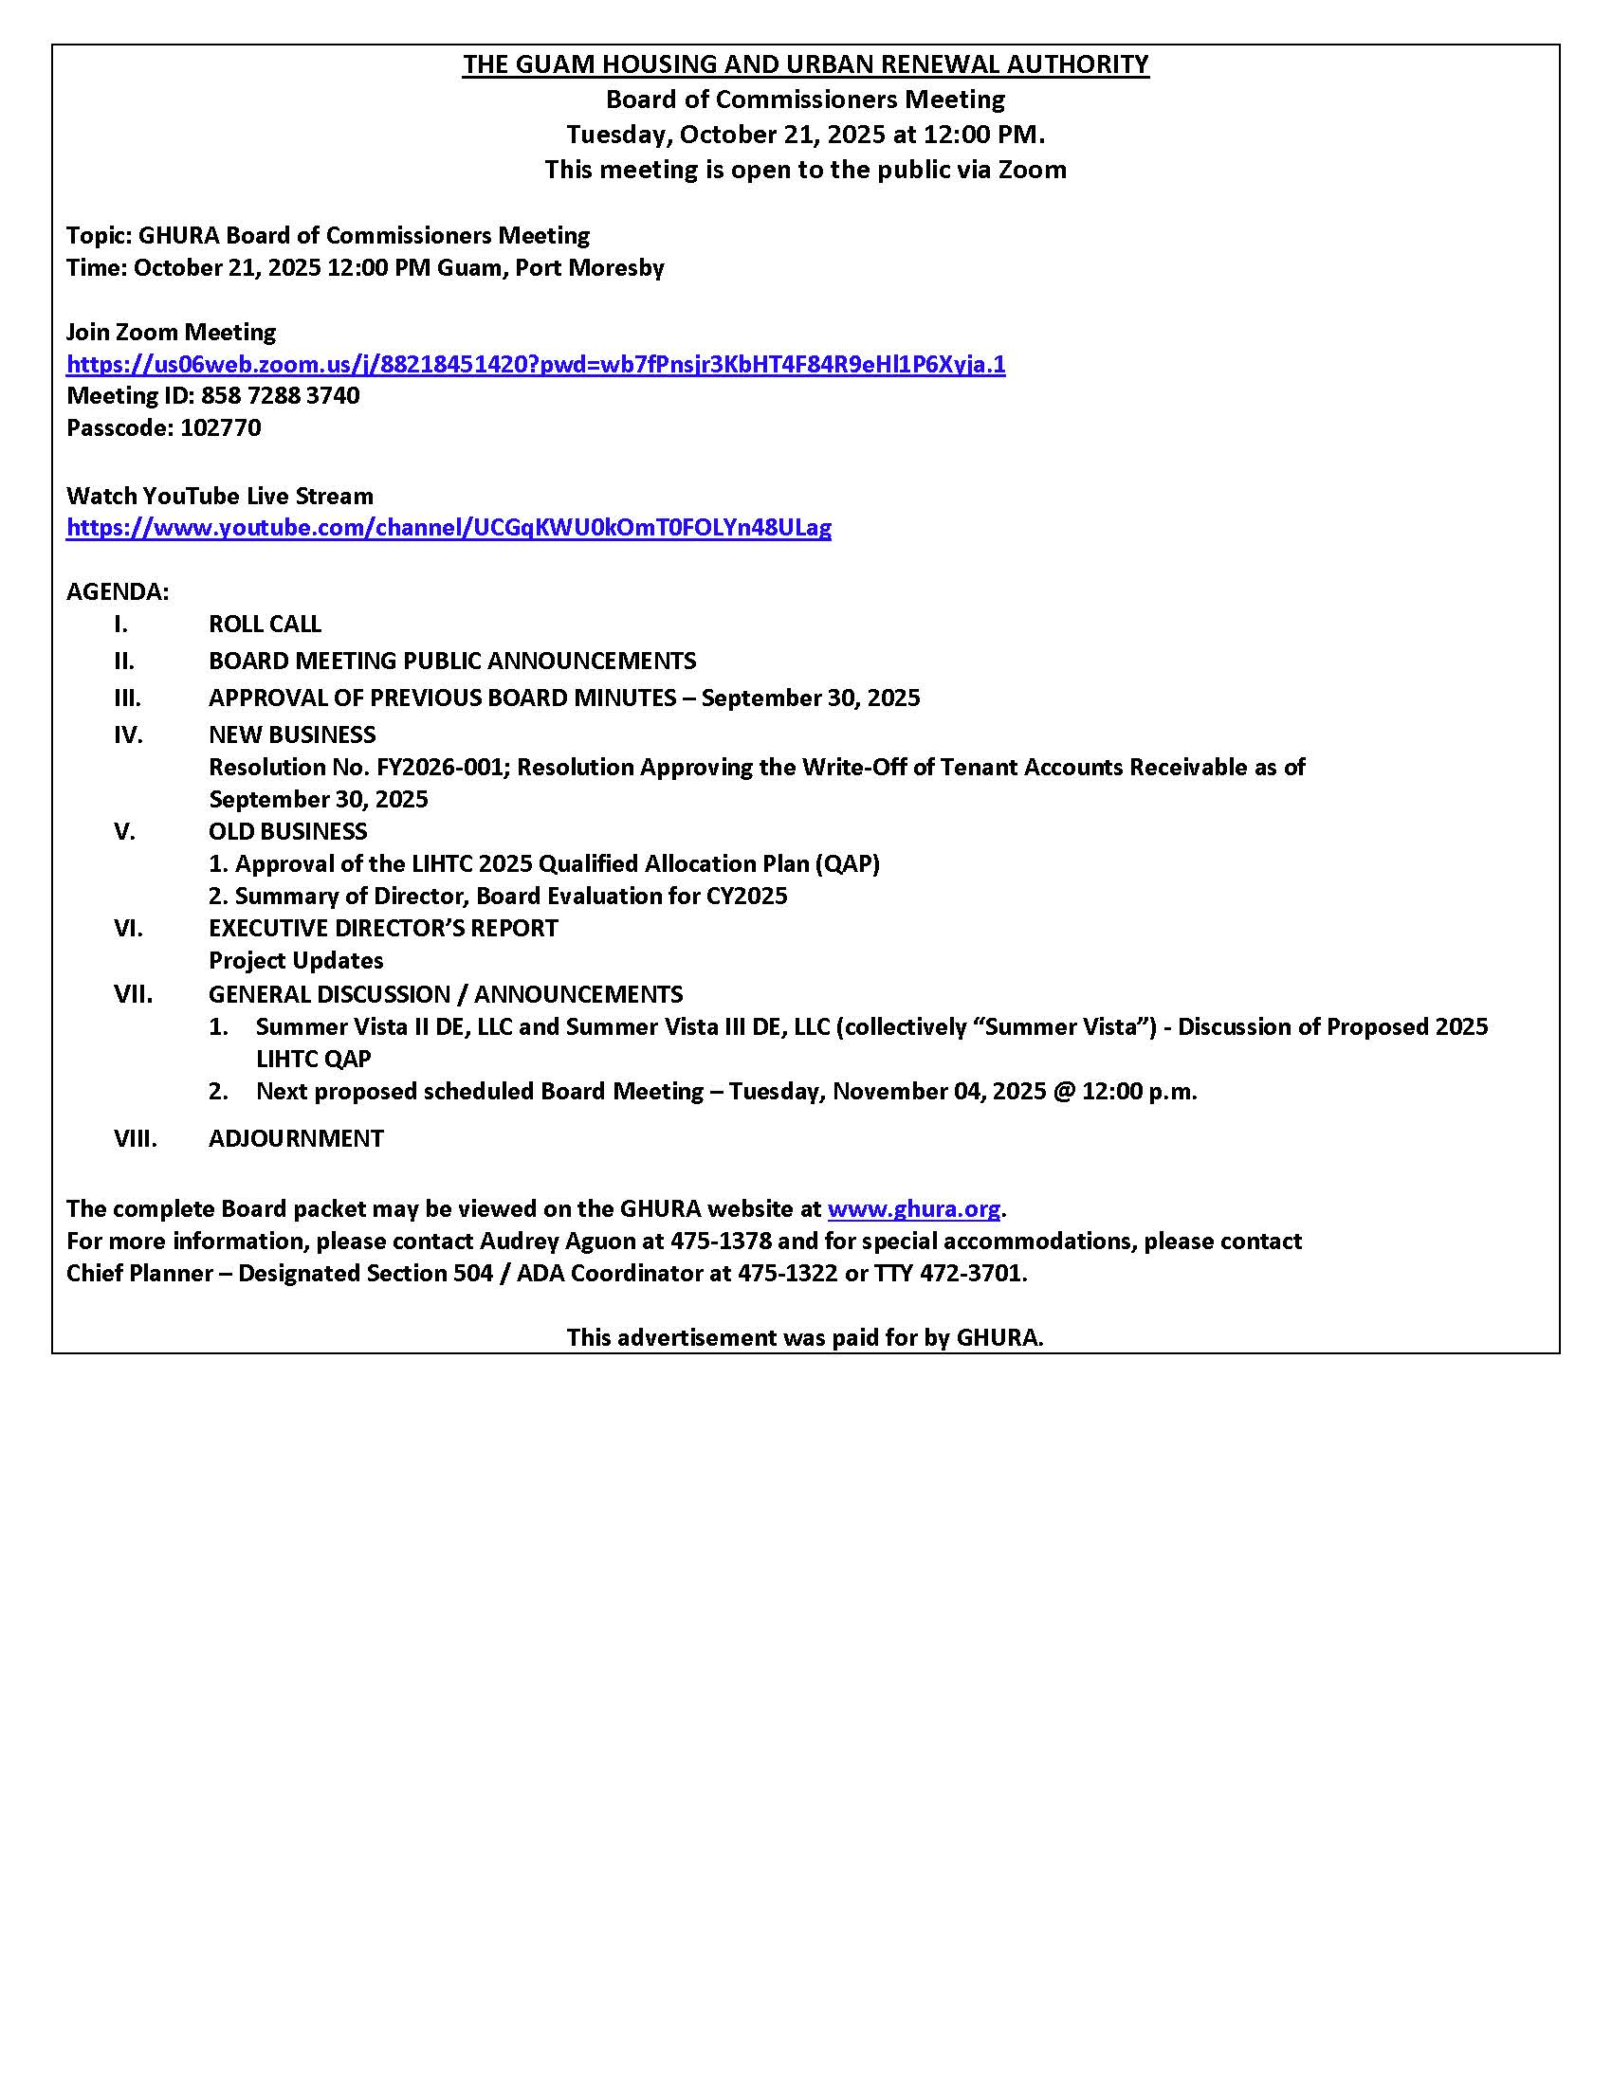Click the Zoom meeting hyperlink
(x=535, y=364)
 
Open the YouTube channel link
(x=448, y=527)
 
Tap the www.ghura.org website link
(x=913, y=1208)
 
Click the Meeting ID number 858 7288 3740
(x=280, y=395)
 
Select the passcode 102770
(x=220, y=427)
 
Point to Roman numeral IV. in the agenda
(x=128, y=734)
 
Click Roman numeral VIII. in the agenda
(x=135, y=1138)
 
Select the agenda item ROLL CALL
(x=265, y=624)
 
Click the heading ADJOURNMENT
(x=296, y=1138)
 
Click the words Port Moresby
(x=589, y=267)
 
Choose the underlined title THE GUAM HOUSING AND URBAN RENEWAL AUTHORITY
(x=805, y=63)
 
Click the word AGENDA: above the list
(x=118, y=592)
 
